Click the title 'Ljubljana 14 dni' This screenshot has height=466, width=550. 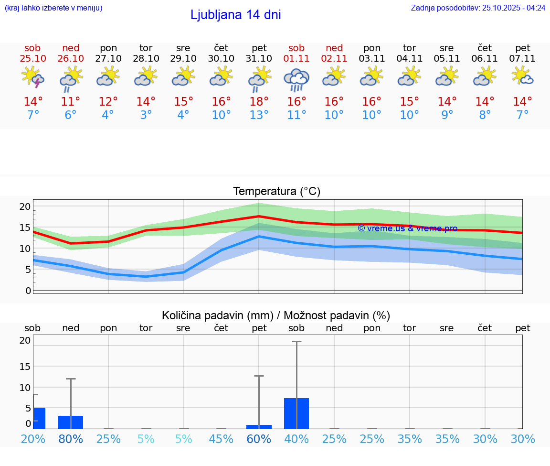point(235,15)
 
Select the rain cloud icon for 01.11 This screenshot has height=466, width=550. point(296,79)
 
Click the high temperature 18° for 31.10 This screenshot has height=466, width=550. point(259,102)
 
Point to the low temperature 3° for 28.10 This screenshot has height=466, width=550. point(146,115)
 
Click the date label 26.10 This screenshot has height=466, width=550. point(71,58)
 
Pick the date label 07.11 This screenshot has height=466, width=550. point(522,58)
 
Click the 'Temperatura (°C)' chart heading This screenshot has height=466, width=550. point(276,192)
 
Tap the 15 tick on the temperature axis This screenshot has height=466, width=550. point(25,228)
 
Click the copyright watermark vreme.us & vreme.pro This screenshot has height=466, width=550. point(407,228)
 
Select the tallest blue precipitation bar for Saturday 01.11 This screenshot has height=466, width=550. point(296,413)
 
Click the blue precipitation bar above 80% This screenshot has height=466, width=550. point(71,422)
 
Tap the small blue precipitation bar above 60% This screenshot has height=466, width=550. point(259,426)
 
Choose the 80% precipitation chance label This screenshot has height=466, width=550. point(71,439)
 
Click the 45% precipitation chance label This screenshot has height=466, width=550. point(221,439)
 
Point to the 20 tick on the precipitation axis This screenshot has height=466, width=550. point(25,340)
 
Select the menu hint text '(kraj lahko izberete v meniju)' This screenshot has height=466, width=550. point(53,8)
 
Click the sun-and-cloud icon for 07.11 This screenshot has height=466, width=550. point(522,76)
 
